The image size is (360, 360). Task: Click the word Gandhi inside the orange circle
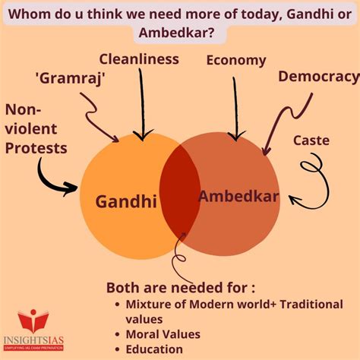(126, 201)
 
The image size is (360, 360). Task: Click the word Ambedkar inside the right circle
(238, 196)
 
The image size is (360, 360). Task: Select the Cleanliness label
(139, 59)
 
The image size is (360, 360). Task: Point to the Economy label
(236, 61)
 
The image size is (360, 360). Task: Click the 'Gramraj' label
(71, 78)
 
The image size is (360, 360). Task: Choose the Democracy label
(319, 77)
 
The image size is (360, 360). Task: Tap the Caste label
(311, 141)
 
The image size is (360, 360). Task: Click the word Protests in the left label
(36, 148)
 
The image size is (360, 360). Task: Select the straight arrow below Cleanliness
(142, 104)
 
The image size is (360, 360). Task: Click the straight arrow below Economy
(235, 109)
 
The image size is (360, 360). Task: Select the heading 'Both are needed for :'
(181, 288)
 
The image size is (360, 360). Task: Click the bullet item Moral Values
(163, 334)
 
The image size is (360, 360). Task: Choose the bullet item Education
(154, 349)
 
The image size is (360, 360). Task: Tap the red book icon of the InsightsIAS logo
(33, 321)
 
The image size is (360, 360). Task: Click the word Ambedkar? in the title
(177, 33)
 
